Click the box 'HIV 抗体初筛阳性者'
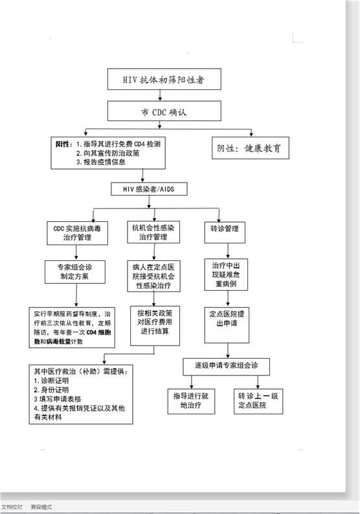[164, 79]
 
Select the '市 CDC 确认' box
[164, 111]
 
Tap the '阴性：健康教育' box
[251, 148]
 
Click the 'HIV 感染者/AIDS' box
[149, 189]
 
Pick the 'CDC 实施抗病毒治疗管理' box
[78, 233]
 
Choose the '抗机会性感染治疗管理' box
[153, 232]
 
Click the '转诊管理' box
[225, 232]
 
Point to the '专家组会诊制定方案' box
[75, 272]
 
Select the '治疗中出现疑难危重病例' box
[226, 274]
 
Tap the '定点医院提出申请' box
[227, 325]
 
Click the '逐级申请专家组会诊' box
[226, 366]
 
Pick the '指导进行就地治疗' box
[191, 401]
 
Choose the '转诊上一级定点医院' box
[258, 401]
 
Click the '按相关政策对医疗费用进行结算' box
[155, 326]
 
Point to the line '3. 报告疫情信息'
[100, 162]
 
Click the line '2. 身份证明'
[51, 390]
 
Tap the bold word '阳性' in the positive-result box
[62, 144]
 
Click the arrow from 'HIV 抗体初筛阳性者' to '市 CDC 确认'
[160, 95]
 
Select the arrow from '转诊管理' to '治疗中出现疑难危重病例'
[228, 251]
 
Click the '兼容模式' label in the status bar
[41, 507]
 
